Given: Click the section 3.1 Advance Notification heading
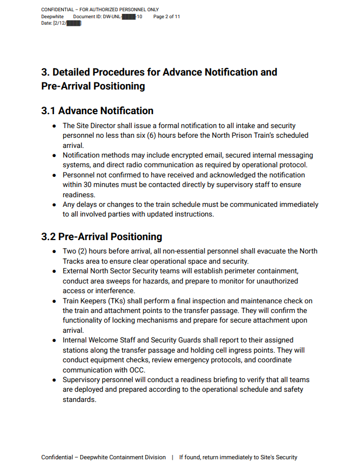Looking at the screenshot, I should [x=97, y=111].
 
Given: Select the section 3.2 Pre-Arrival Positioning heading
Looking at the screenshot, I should [x=101, y=237].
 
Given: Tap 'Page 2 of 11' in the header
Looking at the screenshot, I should [x=167, y=17].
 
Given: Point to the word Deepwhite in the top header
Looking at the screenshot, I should [x=52, y=17].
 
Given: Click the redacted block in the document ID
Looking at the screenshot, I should [x=128, y=17].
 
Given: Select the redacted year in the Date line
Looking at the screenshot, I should [x=73, y=24].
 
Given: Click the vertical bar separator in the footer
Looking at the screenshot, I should [x=172, y=458].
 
